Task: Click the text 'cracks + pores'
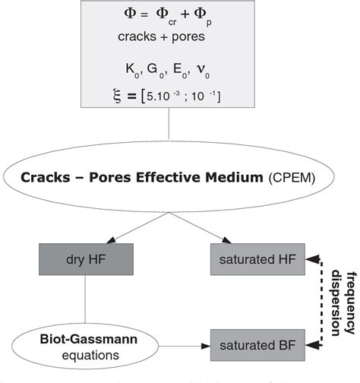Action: [180, 36]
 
